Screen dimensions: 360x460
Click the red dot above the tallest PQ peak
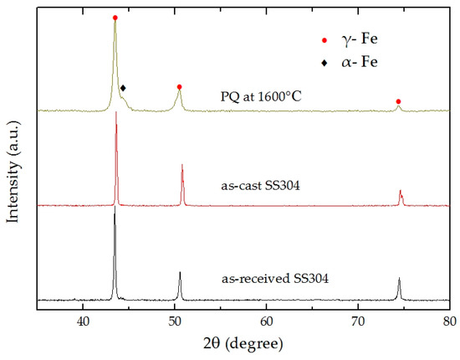[x=115, y=18]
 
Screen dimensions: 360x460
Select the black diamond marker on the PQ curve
[x=123, y=87]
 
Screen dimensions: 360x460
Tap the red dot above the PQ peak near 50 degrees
[x=179, y=86]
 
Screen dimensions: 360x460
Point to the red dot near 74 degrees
[x=398, y=101]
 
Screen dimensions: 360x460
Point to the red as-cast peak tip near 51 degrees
[x=182, y=166]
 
